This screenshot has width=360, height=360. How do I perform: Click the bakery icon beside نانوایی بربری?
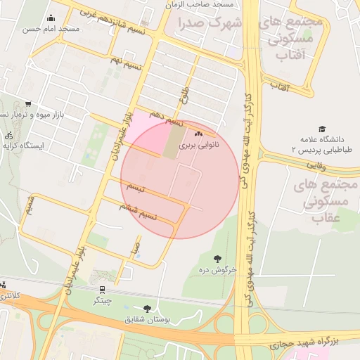point(198,134)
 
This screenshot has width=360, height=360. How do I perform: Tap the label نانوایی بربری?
point(199,145)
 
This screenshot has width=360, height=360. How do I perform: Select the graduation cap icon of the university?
point(322,130)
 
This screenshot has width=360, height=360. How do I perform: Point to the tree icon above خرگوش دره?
point(217,259)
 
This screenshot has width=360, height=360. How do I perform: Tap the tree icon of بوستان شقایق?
point(147,309)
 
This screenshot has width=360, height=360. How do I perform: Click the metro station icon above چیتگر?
point(103,289)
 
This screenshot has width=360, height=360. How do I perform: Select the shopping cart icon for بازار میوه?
point(27,104)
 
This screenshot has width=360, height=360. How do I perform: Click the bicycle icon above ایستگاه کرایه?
point(8,136)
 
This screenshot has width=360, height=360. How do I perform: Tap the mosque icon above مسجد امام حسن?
point(50,19)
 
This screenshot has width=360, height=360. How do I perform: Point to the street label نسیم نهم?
point(126,60)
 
